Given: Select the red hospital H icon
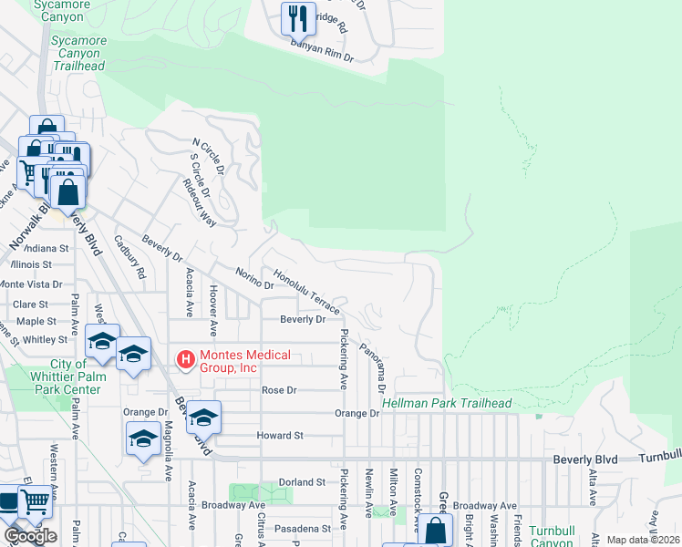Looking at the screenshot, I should (186, 360).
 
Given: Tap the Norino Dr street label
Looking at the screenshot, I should (254, 277).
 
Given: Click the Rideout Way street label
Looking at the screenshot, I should (200, 201).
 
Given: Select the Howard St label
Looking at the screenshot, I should (279, 436).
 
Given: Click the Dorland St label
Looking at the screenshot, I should (302, 481).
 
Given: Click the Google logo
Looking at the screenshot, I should (30, 536).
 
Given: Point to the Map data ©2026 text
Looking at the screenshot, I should (643, 540).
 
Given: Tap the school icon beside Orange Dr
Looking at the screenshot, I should (203, 416).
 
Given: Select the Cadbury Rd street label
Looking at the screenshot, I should (129, 258).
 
